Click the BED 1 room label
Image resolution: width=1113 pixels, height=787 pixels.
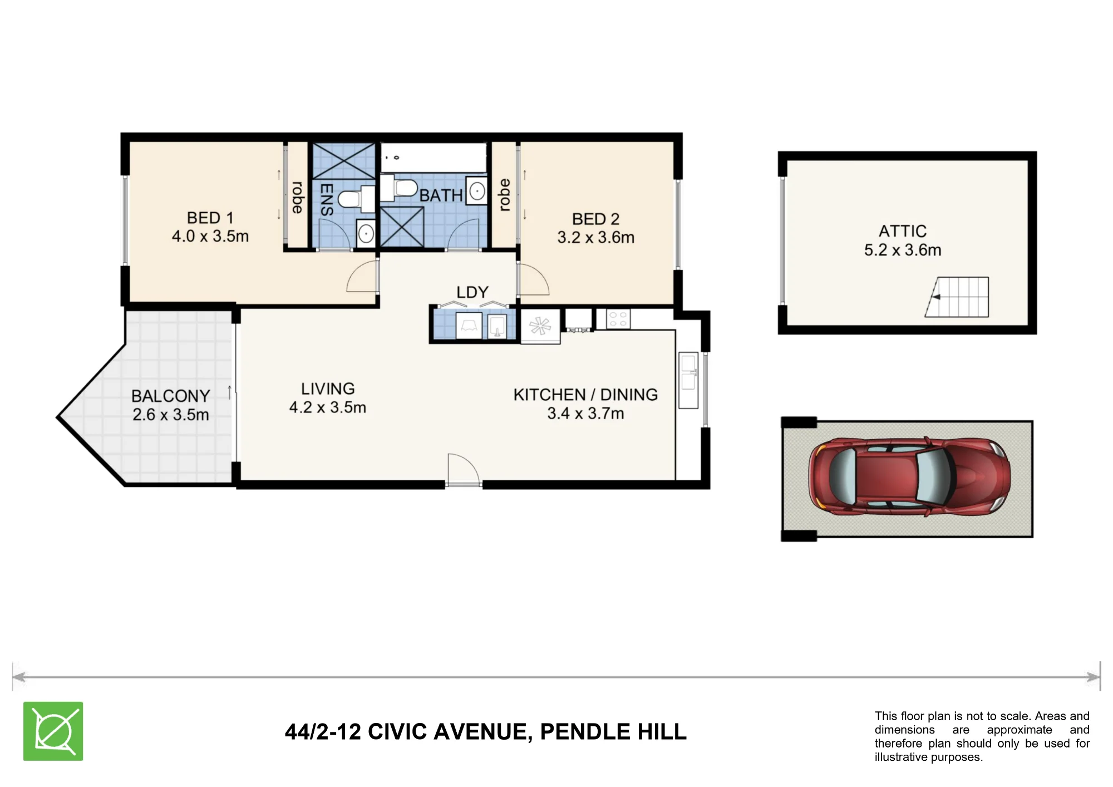pyautogui.click(x=210, y=218)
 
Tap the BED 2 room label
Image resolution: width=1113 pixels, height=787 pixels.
pyautogui.click(x=595, y=219)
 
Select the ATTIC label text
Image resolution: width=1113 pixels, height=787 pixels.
pyautogui.click(x=903, y=231)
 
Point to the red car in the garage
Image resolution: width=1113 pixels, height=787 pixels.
pyautogui.click(x=909, y=476)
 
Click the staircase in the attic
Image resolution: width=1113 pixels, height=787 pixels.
pyautogui.click(x=957, y=297)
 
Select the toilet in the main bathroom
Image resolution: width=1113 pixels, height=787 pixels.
pyautogui.click(x=399, y=189)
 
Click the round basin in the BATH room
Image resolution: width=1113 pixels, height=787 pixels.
pyautogui.click(x=477, y=191)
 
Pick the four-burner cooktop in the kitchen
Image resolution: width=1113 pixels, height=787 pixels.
pyautogui.click(x=618, y=319)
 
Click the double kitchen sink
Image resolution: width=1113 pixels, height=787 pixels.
pyautogui.click(x=688, y=380)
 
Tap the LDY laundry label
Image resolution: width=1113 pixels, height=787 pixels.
pyautogui.click(x=472, y=292)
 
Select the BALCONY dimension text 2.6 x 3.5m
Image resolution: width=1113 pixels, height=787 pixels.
pyautogui.click(x=171, y=415)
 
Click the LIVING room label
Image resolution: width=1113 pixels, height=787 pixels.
pyautogui.click(x=328, y=388)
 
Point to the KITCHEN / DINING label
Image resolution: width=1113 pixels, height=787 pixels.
pyautogui.click(x=585, y=395)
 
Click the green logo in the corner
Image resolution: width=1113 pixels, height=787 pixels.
pyautogui.click(x=53, y=731)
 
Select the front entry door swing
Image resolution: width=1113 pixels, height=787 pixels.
pyautogui.click(x=464, y=470)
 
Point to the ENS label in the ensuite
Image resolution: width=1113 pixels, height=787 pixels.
pyautogui.click(x=327, y=199)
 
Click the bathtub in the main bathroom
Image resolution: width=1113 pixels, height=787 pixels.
pyautogui.click(x=434, y=157)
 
